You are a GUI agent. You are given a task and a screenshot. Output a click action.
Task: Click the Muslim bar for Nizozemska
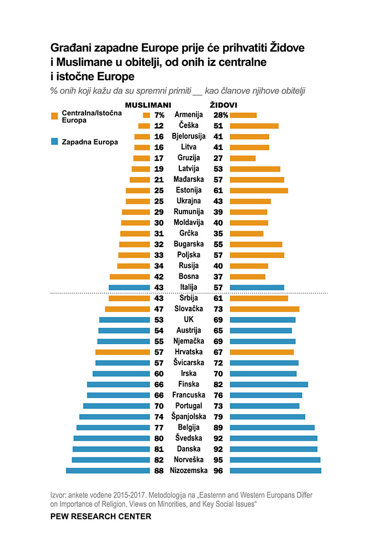(x=108, y=470)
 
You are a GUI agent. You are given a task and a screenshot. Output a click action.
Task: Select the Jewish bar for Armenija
(x=243, y=115)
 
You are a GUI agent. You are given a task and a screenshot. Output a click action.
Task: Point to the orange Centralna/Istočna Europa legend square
(x=54, y=116)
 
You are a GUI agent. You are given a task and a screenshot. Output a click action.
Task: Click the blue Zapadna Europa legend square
(x=54, y=142)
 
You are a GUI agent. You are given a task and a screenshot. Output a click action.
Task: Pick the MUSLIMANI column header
(x=149, y=104)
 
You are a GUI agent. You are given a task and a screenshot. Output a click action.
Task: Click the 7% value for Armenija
(x=160, y=115)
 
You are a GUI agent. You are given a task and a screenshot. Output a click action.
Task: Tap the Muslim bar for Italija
(x=129, y=287)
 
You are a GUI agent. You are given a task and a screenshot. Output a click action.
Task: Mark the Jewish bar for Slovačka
(x=264, y=309)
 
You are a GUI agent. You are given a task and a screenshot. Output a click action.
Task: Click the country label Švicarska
(x=188, y=363)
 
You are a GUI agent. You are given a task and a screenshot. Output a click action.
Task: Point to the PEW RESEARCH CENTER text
(x=100, y=517)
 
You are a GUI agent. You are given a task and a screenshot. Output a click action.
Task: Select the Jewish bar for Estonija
(x=258, y=191)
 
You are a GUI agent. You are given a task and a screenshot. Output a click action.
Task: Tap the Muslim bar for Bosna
(x=129, y=277)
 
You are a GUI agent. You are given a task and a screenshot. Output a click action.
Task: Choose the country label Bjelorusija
(x=188, y=136)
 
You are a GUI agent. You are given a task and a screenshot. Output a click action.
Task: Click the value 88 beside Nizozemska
(x=159, y=470)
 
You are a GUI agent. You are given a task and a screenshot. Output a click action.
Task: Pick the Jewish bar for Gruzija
(x=242, y=158)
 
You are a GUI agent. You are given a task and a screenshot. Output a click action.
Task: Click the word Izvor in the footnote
(x=59, y=495)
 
